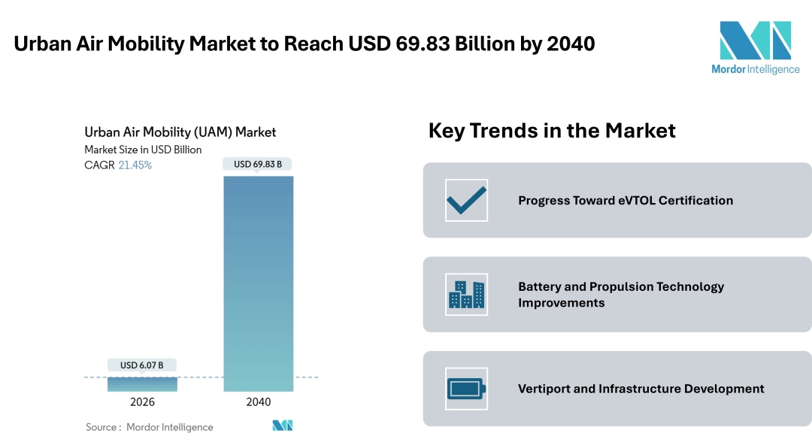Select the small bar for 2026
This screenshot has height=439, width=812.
tap(142, 384)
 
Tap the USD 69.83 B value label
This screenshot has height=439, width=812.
tap(258, 164)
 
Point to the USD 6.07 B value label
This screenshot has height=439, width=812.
tap(142, 365)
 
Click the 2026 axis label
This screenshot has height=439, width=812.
tap(142, 402)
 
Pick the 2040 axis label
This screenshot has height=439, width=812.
tap(258, 402)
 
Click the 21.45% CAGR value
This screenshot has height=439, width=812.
tap(135, 165)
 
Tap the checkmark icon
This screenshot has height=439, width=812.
tap(466, 200)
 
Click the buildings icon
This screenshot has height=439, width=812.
tap(466, 294)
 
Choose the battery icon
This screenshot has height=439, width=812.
tap(466, 389)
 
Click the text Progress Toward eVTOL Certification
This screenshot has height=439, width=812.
tap(625, 200)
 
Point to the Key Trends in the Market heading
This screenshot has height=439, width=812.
tap(552, 130)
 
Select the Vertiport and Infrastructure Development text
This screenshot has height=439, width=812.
tap(641, 389)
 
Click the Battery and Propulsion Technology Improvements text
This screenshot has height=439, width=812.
tap(621, 294)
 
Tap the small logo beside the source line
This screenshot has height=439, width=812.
tap(282, 425)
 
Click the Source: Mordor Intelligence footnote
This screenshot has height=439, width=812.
tap(149, 427)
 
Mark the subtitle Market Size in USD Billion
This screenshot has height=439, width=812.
tap(143, 150)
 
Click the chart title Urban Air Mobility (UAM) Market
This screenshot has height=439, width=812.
tap(180, 132)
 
